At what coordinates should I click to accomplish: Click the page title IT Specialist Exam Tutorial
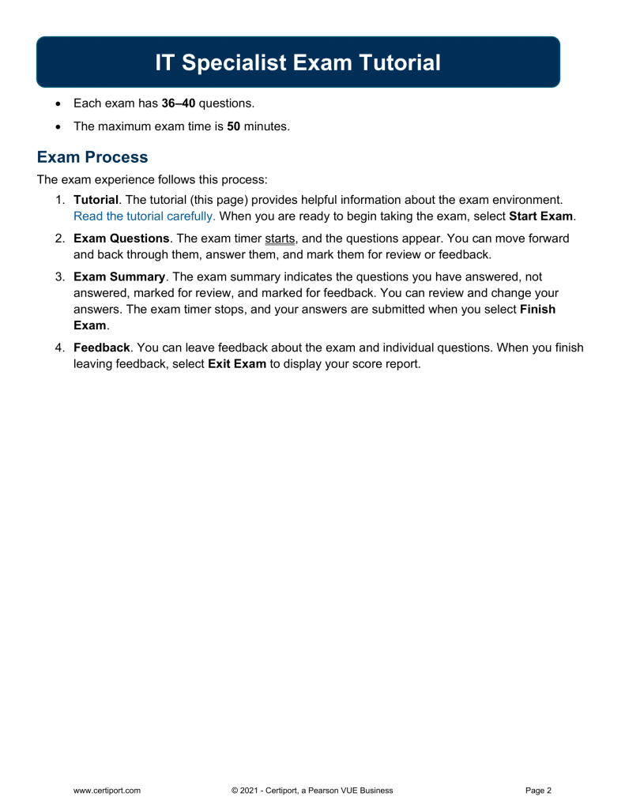[298, 62]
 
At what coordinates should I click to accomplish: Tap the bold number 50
[233, 126]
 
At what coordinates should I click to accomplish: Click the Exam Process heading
[92, 156]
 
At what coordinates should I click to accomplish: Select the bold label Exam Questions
[120, 238]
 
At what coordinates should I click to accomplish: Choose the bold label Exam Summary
[119, 276]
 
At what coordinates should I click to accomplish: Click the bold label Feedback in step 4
[101, 348]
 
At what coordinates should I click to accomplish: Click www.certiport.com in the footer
[107, 790]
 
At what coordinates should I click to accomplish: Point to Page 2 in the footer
[538, 790]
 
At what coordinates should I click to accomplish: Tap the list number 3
[59, 276]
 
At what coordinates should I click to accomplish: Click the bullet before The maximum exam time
[58, 126]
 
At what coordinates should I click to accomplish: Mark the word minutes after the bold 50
[266, 126]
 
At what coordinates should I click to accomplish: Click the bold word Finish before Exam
[537, 309]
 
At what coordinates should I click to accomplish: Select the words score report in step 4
[383, 364]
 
